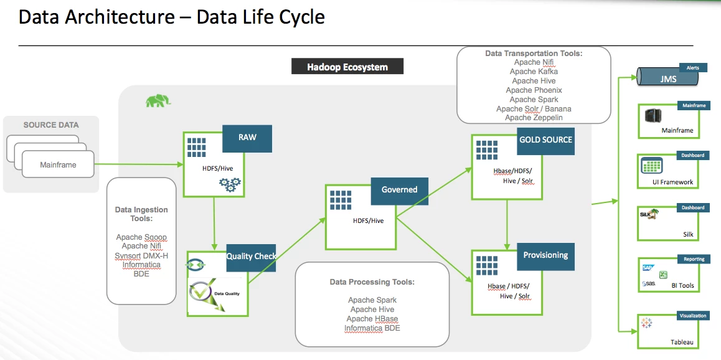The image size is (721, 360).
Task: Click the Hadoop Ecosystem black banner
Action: tap(347, 66)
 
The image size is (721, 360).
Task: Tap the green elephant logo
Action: tap(158, 100)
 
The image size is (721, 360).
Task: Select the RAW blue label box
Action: tap(247, 138)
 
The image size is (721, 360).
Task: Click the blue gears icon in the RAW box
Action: tap(230, 185)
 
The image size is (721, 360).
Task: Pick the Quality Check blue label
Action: tap(251, 257)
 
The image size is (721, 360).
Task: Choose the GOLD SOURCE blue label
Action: tap(545, 140)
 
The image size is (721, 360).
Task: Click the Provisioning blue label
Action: tap(545, 255)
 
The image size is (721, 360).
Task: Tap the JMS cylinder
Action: tap(667, 79)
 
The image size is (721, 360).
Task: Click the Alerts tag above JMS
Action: tap(692, 68)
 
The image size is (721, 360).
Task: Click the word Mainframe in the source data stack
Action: tap(58, 164)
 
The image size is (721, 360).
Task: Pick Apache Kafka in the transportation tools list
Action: tap(534, 72)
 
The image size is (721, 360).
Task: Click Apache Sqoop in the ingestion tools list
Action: tap(141, 237)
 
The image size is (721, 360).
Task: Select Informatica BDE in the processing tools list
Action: tap(372, 328)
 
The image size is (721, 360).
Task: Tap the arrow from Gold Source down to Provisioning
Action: tap(507, 224)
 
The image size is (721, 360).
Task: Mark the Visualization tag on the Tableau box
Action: tap(693, 316)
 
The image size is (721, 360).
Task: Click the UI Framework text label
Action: tap(672, 182)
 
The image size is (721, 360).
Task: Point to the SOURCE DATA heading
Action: tap(51, 125)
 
